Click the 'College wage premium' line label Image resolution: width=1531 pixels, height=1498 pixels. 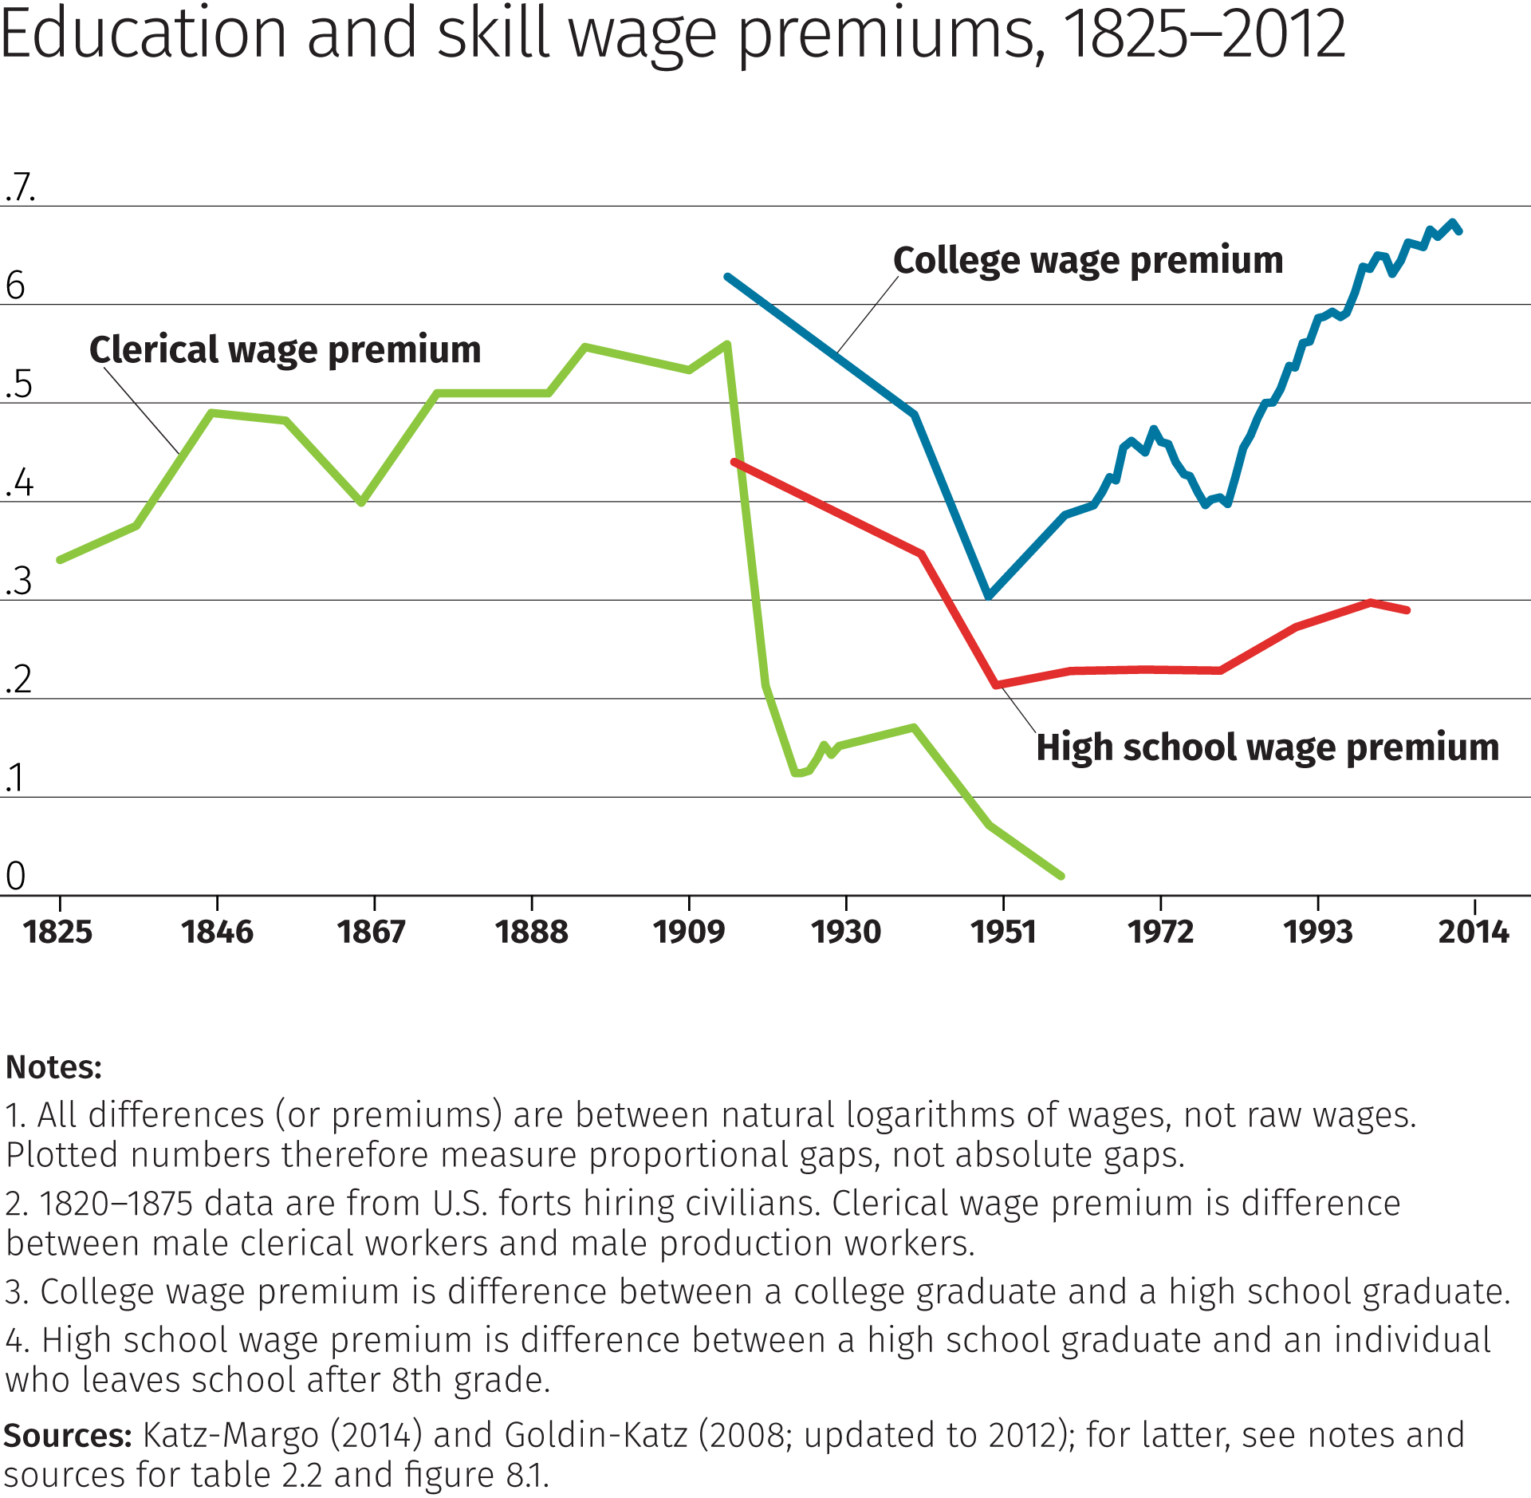[x=1088, y=261]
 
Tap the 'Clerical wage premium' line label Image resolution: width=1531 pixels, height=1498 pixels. [x=285, y=350]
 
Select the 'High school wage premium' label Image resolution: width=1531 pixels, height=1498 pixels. [x=1267, y=748]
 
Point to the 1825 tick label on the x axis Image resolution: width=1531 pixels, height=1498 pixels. [x=58, y=932]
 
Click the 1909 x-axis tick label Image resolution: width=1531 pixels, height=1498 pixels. [x=689, y=932]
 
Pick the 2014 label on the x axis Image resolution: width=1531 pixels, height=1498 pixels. [x=1474, y=932]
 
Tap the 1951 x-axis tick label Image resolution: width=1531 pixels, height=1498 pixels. [x=1003, y=932]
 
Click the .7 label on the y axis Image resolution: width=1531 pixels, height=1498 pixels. [x=19, y=187]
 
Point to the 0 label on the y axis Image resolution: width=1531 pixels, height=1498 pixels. [x=16, y=876]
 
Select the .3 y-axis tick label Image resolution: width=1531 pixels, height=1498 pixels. [x=19, y=581]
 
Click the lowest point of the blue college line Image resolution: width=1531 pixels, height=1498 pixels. [x=989, y=596]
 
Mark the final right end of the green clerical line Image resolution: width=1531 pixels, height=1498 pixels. [x=1061, y=876]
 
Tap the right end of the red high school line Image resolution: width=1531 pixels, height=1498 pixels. [x=1407, y=610]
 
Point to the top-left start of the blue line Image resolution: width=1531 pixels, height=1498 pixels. [x=727, y=277]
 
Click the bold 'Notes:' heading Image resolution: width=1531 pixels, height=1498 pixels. [x=54, y=1067]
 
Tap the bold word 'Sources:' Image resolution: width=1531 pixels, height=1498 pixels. [x=68, y=1435]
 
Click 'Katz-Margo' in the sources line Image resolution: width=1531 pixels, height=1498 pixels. [x=231, y=1435]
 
